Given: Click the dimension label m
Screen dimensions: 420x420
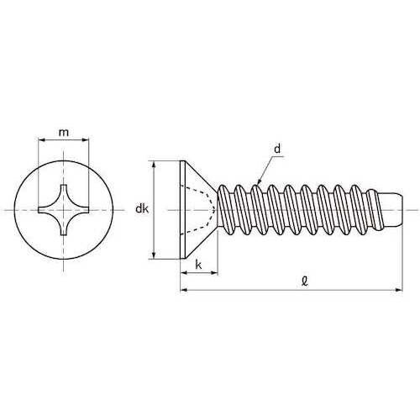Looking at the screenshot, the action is point(64,133).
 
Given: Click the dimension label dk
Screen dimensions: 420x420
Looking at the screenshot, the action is point(142,209).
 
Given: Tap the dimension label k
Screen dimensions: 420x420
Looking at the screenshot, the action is point(198,265).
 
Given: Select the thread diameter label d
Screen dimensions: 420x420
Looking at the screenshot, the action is point(277,150).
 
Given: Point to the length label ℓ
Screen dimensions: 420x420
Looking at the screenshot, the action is point(305,281).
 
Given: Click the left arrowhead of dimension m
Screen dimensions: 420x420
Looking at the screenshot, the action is point(41,139).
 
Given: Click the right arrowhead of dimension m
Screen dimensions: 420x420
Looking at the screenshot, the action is point(86,139).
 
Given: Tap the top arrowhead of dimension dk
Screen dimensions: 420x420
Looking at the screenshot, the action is point(154,165).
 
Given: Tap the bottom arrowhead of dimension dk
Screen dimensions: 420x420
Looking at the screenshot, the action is point(154,255).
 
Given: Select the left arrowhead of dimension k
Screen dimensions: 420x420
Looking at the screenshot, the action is point(184,272).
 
